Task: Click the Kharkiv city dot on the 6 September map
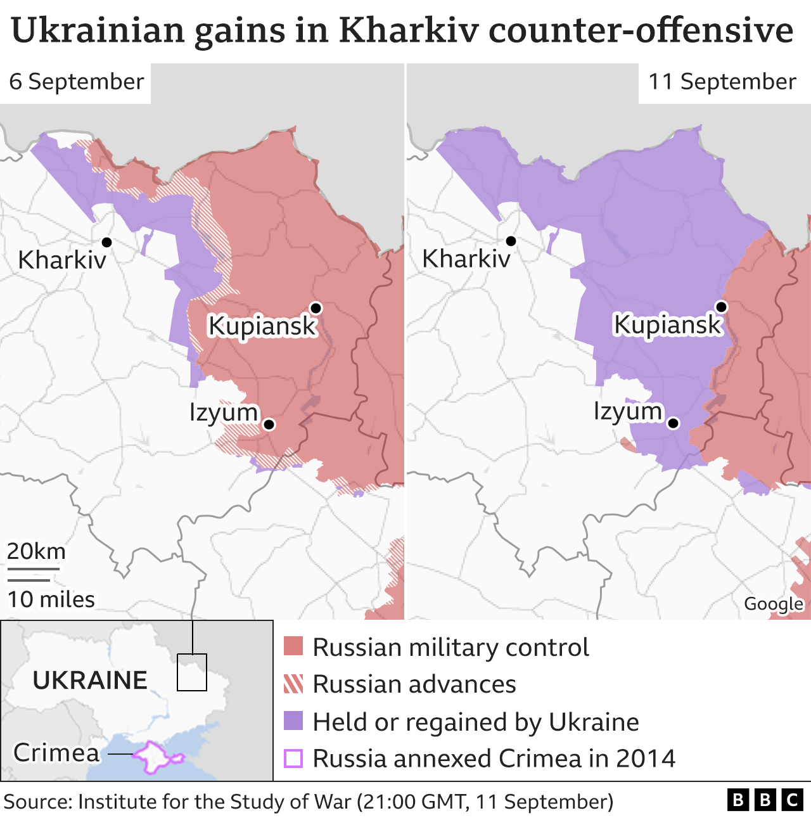click(106, 242)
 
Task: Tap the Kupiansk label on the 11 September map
click(667, 324)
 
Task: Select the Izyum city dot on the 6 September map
click(269, 424)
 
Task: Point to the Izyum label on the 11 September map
click(627, 411)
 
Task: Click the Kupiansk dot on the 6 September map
click(316, 308)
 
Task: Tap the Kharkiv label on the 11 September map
click(466, 259)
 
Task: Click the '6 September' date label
click(76, 82)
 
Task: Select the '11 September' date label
click(722, 82)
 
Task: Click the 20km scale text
click(36, 551)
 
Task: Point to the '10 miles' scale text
click(51, 599)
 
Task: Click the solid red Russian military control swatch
click(293, 647)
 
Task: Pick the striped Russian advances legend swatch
click(293, 684)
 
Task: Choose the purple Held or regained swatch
click(293, 721)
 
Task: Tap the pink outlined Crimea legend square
click(293, 758)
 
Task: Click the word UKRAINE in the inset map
click(90, 680)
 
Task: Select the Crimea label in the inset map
click(56, 753)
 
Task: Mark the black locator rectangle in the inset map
click(191, 672)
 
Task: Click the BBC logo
click(765, 800)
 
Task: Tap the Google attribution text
click(773, 604)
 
